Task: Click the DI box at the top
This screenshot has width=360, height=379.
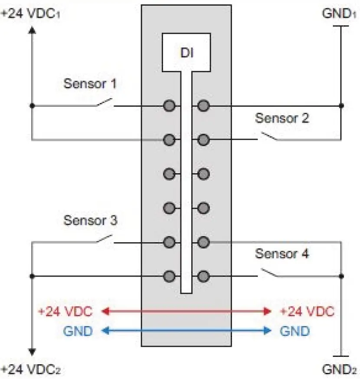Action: point(186,53)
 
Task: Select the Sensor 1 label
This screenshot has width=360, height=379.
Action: point(90,83)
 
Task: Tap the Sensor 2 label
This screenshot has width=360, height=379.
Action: point(282,118)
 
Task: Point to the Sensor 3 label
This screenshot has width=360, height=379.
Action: point(90,220)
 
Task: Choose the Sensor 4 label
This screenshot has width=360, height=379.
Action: point(282,254)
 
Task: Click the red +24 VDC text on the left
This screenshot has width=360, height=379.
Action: point(65,311)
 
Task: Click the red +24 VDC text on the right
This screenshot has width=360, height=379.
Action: point(307,311)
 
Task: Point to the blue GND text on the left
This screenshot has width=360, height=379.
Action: point(78,331)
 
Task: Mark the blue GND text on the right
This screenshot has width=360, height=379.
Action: point(295,331)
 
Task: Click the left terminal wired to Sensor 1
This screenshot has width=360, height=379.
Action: point(169,105)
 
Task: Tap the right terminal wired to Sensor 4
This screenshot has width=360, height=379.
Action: point(203,276)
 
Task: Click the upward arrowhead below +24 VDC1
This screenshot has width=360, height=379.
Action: point(32,30)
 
